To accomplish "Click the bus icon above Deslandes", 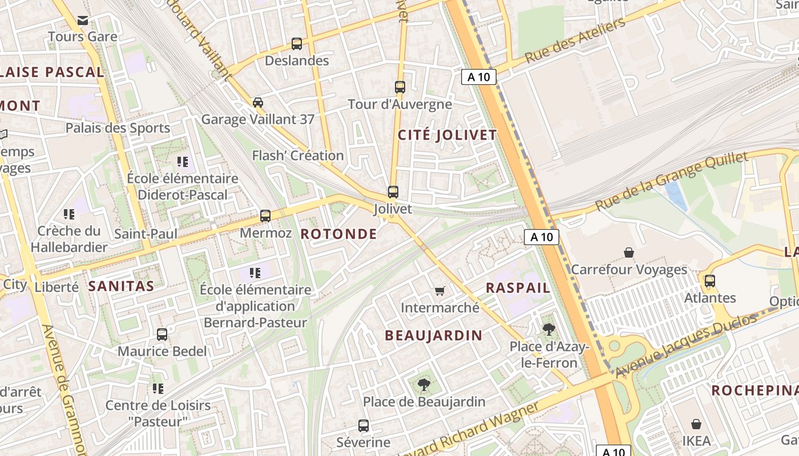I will point(297,43).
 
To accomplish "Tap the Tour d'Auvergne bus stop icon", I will point(400,87).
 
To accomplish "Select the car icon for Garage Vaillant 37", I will point(258,103).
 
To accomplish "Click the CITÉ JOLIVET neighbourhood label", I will point(447,135).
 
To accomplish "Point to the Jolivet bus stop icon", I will point(393,192).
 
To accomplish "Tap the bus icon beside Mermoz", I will point(265,216).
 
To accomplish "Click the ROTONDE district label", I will point(338,234).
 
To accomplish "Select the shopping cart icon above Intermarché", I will point(439,291).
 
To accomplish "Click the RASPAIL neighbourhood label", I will point(518,288).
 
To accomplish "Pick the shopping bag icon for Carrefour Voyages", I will point(629,253).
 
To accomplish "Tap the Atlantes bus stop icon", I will point(710,281).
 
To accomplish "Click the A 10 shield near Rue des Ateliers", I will point(478,77).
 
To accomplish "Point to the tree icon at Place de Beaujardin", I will point(423,385).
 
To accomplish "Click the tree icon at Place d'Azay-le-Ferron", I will point(548,329).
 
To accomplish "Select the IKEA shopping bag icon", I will point(696,424).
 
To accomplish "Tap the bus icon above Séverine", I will point(364,425).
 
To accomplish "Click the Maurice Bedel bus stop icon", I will point(162,335).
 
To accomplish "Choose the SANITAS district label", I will point(121,286).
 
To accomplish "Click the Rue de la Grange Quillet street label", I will point(671,181).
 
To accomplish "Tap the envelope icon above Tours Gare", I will point(83,21).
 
